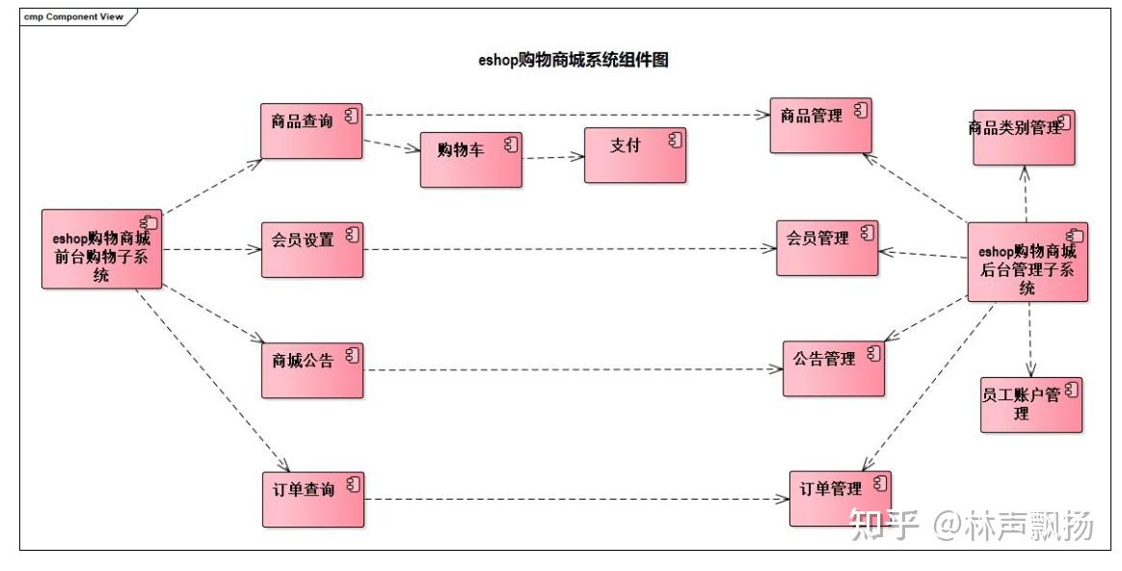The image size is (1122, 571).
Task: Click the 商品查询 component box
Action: coord(311,130)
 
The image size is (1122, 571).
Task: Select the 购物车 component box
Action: coord(470,159)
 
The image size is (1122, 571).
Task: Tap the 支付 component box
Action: coord(635,154)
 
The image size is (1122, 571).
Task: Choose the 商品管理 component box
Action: coord(820,124)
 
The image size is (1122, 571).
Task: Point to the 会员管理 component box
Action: coord(827,247)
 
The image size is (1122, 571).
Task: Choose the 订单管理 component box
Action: coord(840,498)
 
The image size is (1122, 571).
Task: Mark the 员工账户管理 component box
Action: coord(1030,403)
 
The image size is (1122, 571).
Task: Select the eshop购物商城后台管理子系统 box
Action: coord(1027,261)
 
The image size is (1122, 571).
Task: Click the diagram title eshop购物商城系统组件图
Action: coord(574,60)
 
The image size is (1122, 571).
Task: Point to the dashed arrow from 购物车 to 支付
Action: coord(552,156)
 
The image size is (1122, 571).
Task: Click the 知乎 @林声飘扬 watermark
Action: coord(970,526)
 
